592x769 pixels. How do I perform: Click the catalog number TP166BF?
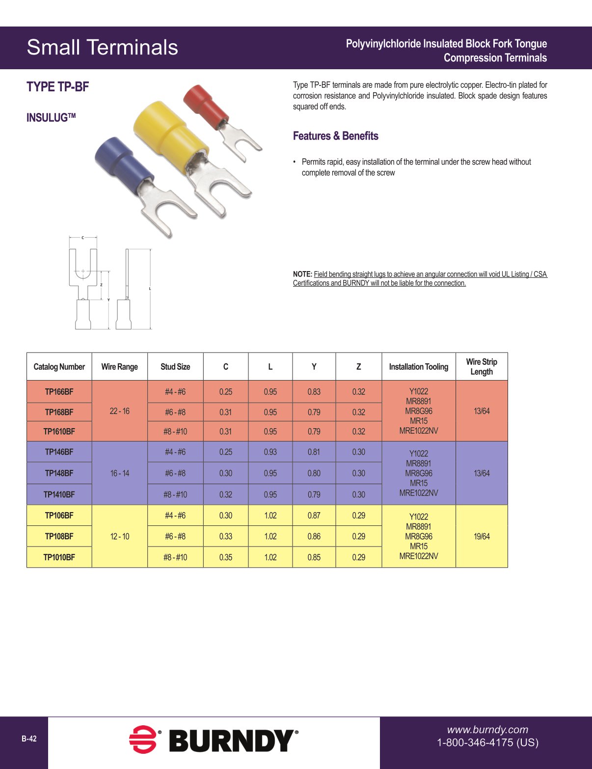click(x=59, y=392)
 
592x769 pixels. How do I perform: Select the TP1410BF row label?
click(x=59, y=494)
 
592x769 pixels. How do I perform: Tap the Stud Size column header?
click(x=175, y=367)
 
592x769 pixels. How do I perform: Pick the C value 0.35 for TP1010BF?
click(x=226, y=557)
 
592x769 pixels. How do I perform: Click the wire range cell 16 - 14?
click(x=120, y=473)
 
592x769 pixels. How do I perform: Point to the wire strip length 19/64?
click(x=482, y=536)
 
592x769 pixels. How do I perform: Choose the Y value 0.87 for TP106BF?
click(x=314, y=516)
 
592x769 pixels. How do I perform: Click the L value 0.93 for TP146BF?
click(x=270, y=452)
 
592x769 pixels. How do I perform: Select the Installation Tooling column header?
click(x=419, y=367)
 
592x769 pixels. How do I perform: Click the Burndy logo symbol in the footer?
click(x=143, y=739)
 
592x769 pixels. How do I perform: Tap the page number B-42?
click(x=29, y=739)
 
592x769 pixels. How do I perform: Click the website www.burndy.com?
click(x=487, y=730)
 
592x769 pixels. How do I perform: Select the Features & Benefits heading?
click(x=336, y=136)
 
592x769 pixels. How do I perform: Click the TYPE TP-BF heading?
click(x=58, y=87)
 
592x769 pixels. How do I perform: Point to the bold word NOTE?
click(x=302, y=274)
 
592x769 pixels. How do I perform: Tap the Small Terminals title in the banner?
click(x=103, y=48)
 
